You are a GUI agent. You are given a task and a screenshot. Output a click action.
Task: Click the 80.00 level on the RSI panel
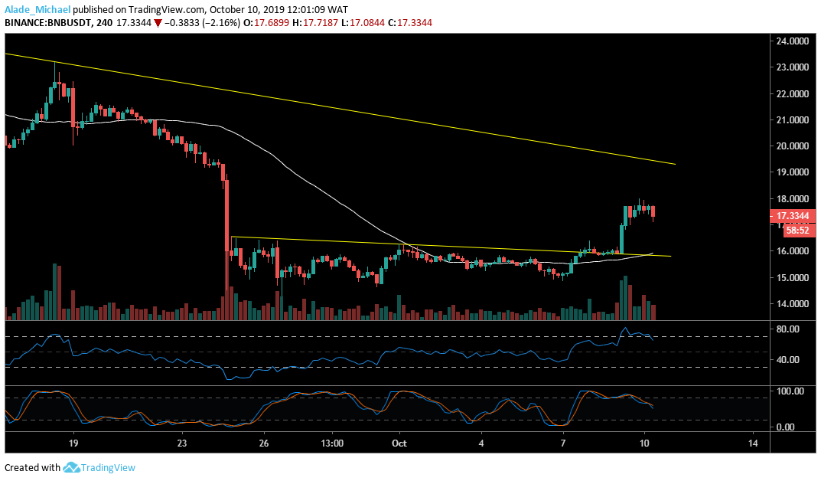coord(785,329)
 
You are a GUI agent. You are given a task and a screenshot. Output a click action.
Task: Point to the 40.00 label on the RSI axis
coord(785,360)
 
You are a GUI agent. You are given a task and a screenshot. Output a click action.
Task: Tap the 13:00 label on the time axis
coord(332,443)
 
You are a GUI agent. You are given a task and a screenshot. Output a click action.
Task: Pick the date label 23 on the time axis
coord(181,443)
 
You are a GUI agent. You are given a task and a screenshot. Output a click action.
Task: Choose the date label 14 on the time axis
coord(753,443)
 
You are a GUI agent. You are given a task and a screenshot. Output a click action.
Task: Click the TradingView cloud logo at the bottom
coord(73,467)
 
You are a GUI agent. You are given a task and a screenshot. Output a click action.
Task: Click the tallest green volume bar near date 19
coord(54,291)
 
